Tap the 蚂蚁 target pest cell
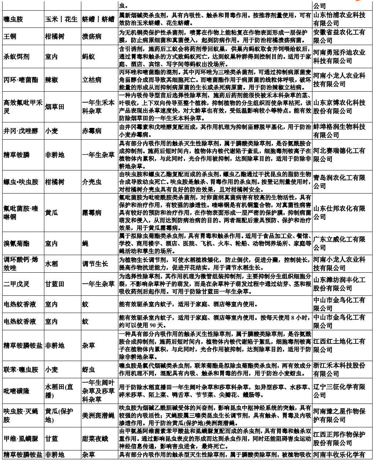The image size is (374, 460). click(89, 57)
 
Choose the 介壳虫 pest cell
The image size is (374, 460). click(92, 181)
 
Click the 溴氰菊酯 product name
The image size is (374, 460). click(16, 243)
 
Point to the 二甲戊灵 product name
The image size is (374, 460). click(16, 284)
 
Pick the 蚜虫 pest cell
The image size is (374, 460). click(89, 370)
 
